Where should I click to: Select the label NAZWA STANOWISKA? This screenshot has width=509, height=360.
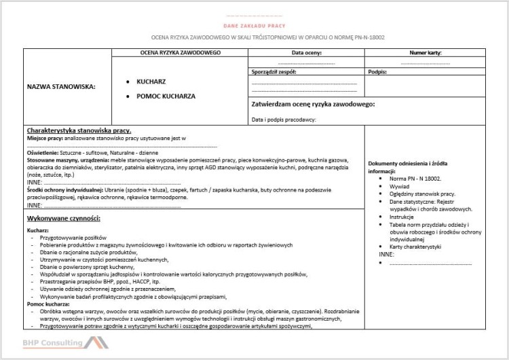(61, 86)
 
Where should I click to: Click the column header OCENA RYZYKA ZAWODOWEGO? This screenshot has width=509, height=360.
(180, 52)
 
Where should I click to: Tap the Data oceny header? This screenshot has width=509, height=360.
(307, 52)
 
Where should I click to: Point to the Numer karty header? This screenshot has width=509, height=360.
(426, 52)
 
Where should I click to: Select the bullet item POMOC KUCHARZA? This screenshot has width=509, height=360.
(166, 96)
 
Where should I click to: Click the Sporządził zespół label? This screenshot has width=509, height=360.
(274, 71)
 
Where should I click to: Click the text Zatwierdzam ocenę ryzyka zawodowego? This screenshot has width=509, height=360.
(313, 105)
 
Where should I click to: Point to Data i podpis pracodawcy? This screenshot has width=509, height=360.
(284, 120)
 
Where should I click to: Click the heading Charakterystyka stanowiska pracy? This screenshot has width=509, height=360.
(79, 130)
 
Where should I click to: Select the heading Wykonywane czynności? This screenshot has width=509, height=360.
(64, 218)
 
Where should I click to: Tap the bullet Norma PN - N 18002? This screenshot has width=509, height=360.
(415, 178)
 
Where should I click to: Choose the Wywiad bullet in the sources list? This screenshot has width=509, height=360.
(400, 185)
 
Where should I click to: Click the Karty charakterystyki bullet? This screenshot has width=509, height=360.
(416, 247)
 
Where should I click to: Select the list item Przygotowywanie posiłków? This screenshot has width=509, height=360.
(71, 238)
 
